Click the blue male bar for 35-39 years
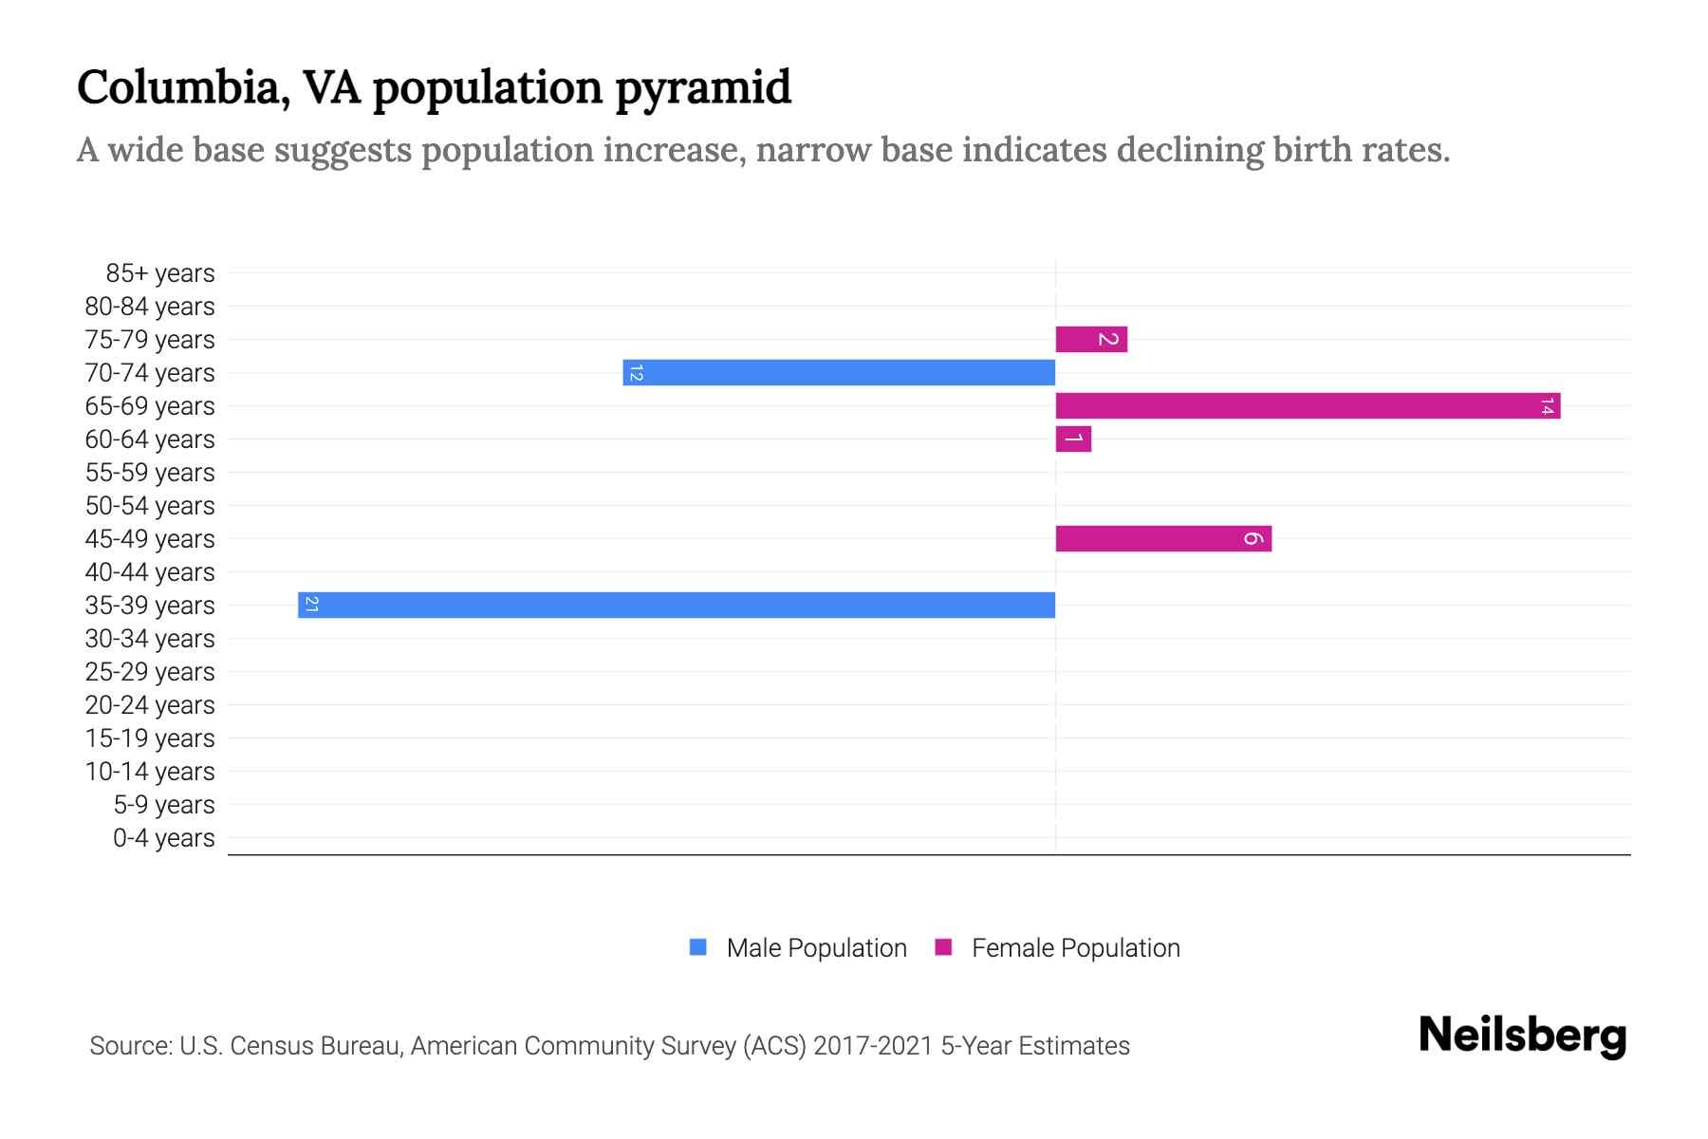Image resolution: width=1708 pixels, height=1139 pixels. (x=676, y=605)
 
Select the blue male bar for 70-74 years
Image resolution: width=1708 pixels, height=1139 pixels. (x=839, y=372)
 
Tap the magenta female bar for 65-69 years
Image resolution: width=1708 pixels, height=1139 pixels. (x=1308, y=405)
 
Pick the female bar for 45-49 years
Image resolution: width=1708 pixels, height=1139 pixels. (x=1163, y=538)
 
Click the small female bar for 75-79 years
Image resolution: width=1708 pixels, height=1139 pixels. (x=1091, y=339)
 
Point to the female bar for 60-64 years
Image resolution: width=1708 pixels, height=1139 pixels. (x=1073, y=439)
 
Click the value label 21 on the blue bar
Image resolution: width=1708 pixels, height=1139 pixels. (x=311, y=605)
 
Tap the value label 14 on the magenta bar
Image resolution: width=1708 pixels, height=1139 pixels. (x=1547, y=406)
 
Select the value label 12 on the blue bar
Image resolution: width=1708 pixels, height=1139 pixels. (x=636, y=373)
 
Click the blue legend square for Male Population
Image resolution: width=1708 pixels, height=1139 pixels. (x=698, y=947)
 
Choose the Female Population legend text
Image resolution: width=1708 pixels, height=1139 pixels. (x=1075, y=947)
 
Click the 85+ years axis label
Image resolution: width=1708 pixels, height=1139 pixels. (x=159, y=273)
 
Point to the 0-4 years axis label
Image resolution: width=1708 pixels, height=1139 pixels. (x=163, y=838)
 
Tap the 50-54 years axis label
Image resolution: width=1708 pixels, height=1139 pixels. (x=150, y=506)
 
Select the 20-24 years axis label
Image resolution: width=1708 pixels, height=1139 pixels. (x=150, y=705)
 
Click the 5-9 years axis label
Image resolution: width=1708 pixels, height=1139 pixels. (x=163, y=805)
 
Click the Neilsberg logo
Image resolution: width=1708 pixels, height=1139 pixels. (x=1522, y=1036)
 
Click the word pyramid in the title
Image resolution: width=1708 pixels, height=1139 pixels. (x=702, y=88)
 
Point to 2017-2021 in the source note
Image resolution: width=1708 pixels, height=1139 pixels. (x=873, y=1046)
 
